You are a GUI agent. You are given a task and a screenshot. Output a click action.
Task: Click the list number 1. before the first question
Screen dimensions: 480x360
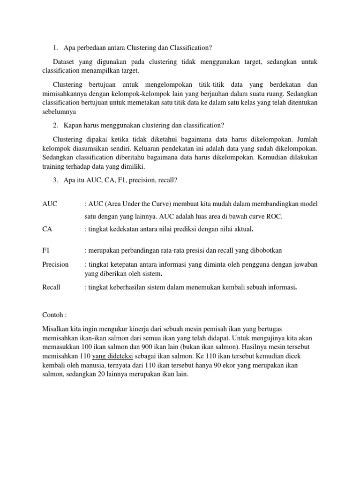(55, 48)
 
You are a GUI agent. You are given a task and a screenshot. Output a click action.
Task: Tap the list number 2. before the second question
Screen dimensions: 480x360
(55, 125)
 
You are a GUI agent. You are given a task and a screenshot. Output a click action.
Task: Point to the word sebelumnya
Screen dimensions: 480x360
(58, 112)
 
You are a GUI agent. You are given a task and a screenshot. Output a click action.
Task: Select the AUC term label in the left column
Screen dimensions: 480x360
(49, 204)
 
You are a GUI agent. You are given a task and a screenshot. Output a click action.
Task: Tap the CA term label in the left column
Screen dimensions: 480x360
(46, 229)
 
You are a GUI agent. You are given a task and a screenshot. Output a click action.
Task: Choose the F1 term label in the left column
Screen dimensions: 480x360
(45, 251)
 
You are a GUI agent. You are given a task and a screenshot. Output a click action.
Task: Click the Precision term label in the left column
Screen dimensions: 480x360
(55, 264)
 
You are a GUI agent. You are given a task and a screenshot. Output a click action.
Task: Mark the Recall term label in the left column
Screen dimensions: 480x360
(51, 287)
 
